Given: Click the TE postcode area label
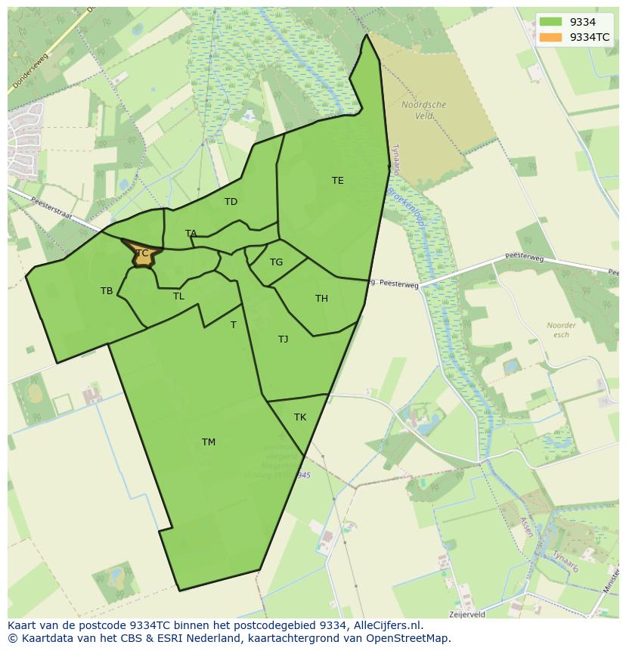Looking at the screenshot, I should [337, 180].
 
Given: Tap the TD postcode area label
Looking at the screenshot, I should [231, 201].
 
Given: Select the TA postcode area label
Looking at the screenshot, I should [191, 233].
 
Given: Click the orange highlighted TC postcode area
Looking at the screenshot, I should [144, 255].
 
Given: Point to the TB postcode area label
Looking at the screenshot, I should [107, 290].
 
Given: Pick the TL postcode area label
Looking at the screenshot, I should [178, 296].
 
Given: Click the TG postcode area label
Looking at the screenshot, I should [276, 262].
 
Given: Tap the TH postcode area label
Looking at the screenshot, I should [321, 298].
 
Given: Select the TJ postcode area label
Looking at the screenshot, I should [283, 339].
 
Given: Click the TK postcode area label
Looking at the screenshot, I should [300, 417].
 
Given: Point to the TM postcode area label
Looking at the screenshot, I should [209, 442].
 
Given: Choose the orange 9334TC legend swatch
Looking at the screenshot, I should [551, 37].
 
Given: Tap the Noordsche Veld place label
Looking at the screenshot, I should [423, 110].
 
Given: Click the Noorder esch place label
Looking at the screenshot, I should [561, 330].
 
